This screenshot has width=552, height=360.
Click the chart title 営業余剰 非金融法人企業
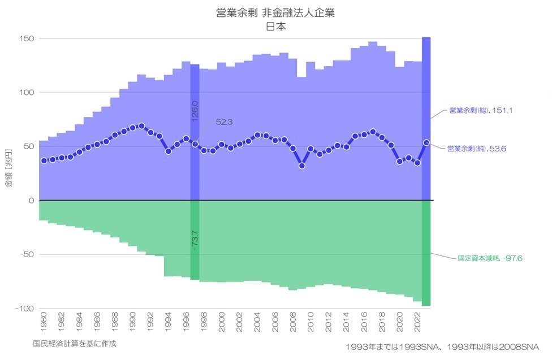[275, 12]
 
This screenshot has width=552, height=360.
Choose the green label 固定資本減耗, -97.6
[490, 258]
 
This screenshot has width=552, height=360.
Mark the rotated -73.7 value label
[195, 240]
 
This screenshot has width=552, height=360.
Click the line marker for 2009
[302, 166]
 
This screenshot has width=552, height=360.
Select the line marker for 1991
[141, 126]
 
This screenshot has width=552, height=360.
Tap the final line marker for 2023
[426, 142]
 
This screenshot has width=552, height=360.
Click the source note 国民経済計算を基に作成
[75, 343]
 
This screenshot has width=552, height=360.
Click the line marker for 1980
[44, 161]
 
